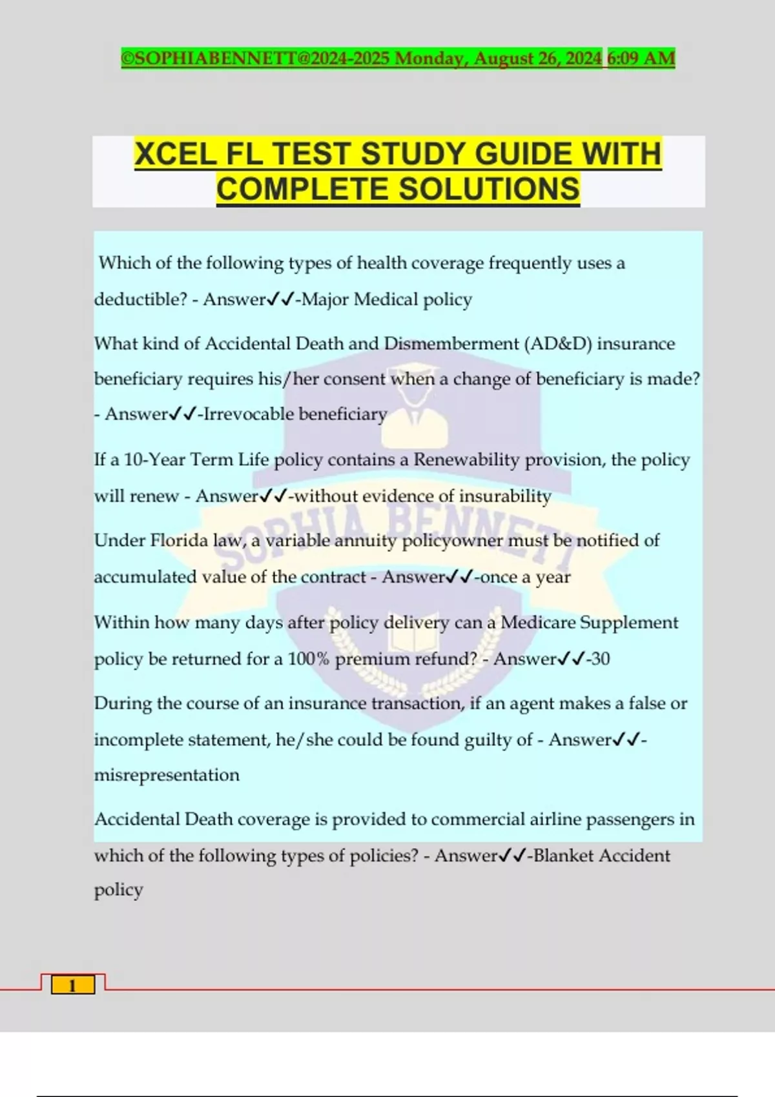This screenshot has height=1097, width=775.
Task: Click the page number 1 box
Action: pyautogui.click(x=72, y=985)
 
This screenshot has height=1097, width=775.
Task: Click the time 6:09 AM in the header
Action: pyautogui.click(x=641, y=59)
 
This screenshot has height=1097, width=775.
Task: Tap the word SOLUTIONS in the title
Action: pyautogui.click(x=489, y=189)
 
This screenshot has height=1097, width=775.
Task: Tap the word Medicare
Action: pyautogui.click(x=538, y=622)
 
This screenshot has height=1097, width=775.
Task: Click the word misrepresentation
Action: pyautogui.click(x=167, y=775)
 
